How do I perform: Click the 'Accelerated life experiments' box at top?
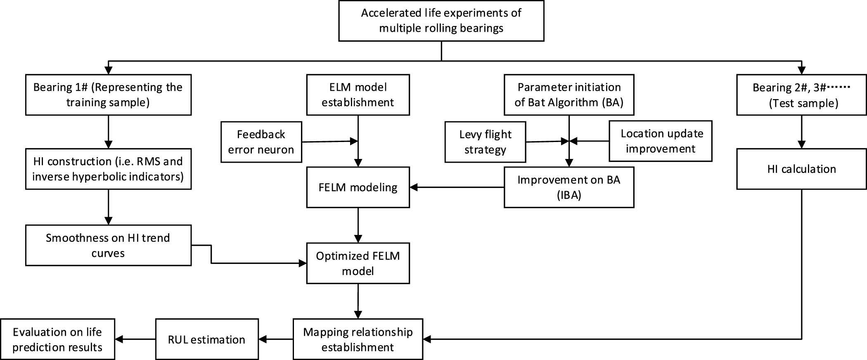tap(441, 21)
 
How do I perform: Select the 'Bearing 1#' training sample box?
tap(108, 95)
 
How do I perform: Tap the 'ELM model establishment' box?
tap(358, 95)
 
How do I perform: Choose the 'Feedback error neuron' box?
tap(261, 142)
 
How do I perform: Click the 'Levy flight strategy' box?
tap(485, 142)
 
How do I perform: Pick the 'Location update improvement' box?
tap(661, 141)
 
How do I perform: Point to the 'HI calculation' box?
tap(801, 169)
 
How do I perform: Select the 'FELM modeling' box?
tap(358, 187)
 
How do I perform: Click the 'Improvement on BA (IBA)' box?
tap(569, 187)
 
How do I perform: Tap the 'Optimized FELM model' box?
tap(358, 263)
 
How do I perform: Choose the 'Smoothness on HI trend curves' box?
tap(108, 245)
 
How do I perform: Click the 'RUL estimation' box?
tap(206, 339)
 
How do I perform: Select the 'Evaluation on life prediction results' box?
tap(57, 339)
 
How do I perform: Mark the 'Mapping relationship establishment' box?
tap(358, 339)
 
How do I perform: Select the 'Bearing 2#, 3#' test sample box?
tap(801, 95)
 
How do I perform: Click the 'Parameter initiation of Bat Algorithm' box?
tap(569, 95)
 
